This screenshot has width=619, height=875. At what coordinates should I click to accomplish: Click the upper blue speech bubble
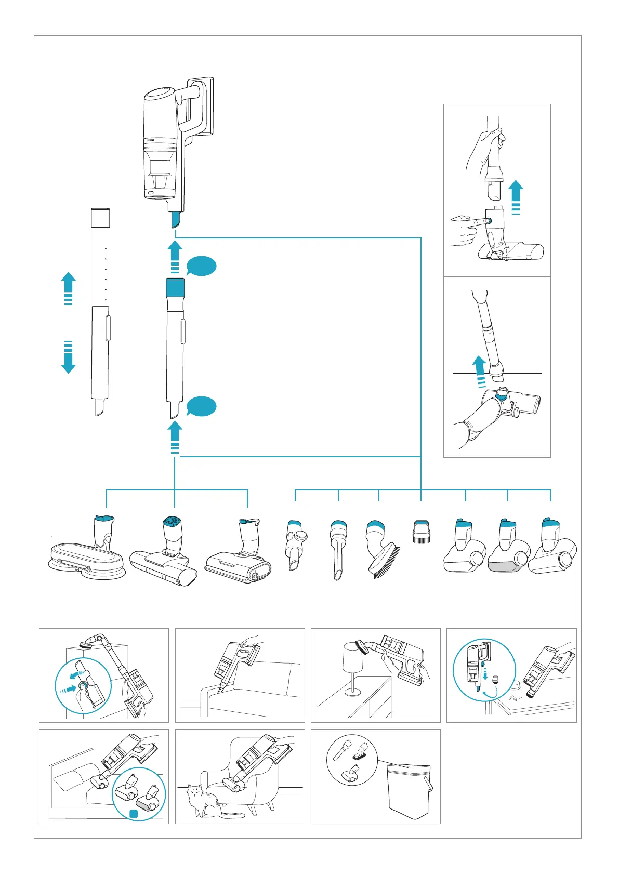click(201, 267)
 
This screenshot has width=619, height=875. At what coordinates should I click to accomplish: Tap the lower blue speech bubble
click(201, 406)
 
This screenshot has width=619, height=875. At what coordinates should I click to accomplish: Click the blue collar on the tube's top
click(175, 287)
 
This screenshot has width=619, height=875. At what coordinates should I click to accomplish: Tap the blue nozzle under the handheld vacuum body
click(175, 220)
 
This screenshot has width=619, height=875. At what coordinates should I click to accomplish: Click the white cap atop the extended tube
click(100, 217)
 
